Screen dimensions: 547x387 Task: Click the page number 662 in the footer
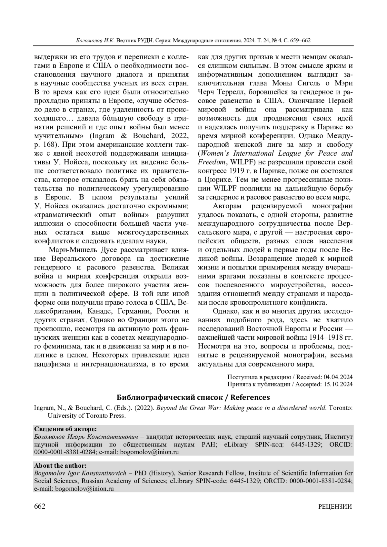[40, 506]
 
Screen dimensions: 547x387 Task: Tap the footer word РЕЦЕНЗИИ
[335, 506]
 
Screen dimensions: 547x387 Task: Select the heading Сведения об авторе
[65, 429]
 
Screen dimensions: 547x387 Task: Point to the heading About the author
[60, 465]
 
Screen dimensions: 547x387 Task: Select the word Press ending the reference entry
[116, 415]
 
